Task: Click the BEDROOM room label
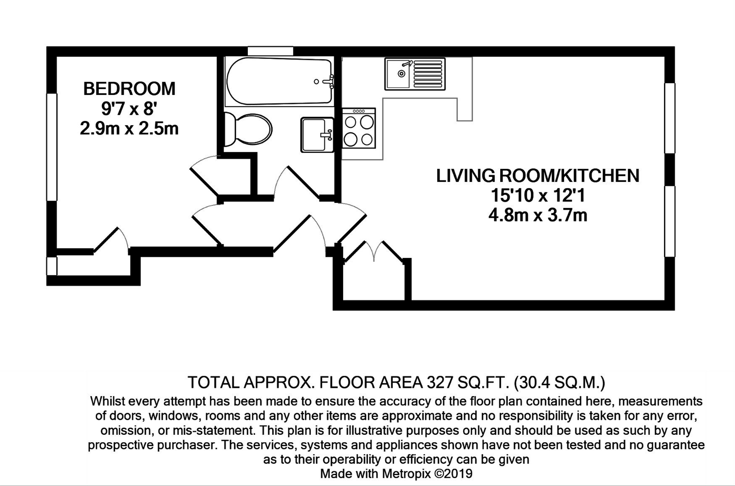pos(129,89)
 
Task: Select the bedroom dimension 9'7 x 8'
pos(128,108)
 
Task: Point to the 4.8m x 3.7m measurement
pos(538,216)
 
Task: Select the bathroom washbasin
pos(317,135)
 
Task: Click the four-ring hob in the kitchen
pos(359,128)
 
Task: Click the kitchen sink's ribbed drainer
pos(428,74)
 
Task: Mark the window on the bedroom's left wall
pos(52,147)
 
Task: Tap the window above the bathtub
pos(270,51)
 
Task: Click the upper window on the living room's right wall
pos(670,118)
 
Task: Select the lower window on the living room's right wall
pos(670,221)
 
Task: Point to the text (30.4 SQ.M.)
pos(560,382)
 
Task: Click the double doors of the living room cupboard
pos(374,252)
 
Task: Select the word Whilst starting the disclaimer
pos(108,401)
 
